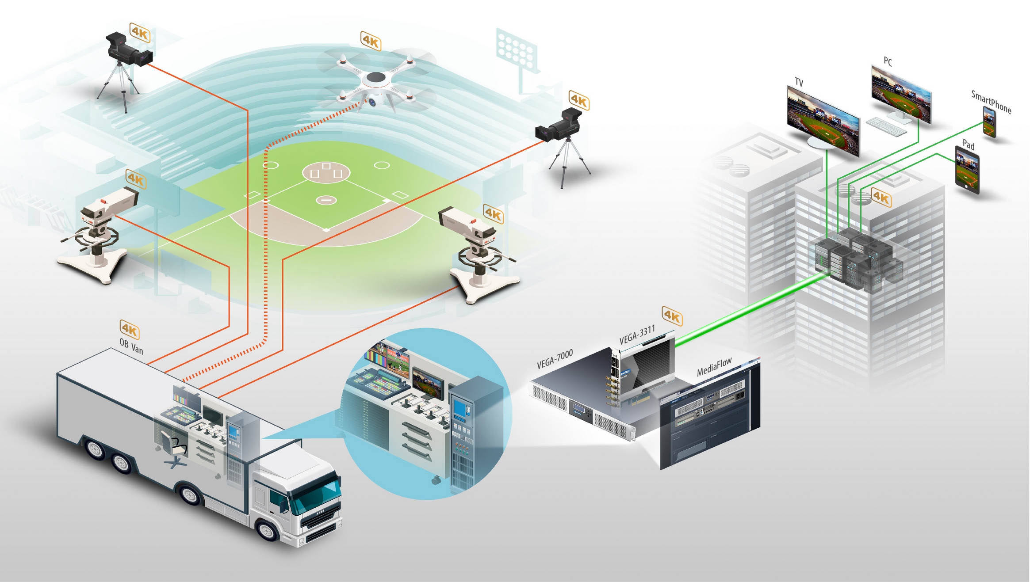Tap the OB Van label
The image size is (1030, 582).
point(131,346)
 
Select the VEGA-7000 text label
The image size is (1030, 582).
point(555,358)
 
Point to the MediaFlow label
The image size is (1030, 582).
point(714,366)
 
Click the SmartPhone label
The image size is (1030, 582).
point(991,102)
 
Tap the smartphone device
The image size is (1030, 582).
point(989,122)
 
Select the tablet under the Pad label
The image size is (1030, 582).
point(967,170)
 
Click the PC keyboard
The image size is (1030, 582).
point(886,127)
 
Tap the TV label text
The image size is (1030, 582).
point(799,82)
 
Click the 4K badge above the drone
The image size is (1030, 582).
point(371,41)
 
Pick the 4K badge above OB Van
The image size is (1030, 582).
point(130,329)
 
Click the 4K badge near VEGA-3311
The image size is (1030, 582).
point(672,316)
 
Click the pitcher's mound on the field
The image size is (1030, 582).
point(326,200)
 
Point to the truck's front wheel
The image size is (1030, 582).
point(267,530)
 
